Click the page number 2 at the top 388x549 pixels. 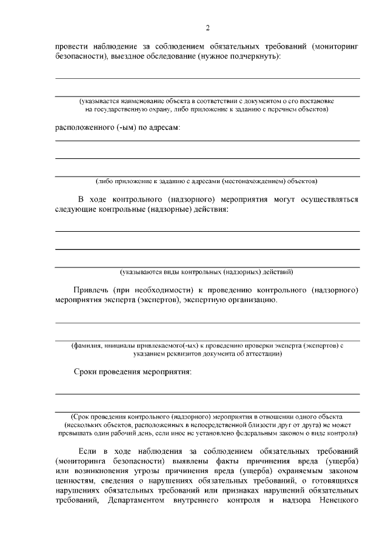(x=207, y=28)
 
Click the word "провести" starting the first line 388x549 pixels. (x=70, y=47)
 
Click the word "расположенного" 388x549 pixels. (x=85, y=129)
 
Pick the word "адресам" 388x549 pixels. (x=163, y=129)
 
